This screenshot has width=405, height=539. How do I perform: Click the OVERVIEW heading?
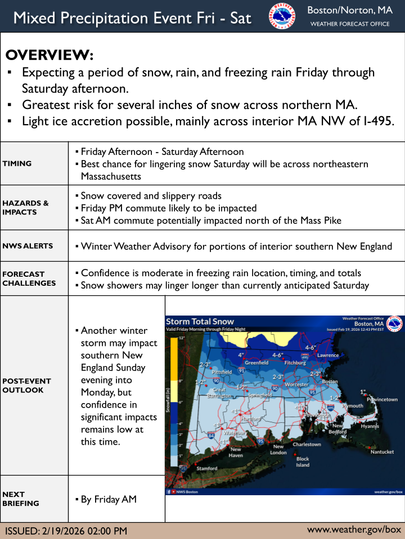pyautogui.click(x=49, y=56)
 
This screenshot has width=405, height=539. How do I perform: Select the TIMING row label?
pyautogui.click(x=17, y=163)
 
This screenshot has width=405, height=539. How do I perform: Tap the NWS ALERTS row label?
pyautogui.click(x=28, y=246)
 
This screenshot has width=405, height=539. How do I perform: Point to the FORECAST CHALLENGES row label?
pyautogui.click(x=29, y=278)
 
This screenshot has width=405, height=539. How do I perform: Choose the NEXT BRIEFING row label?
pyautogui.click(x=21, y=499)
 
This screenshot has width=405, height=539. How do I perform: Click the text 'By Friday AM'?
pyautogui.click(x=109, y=499)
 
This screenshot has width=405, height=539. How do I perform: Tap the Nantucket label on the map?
pyautogui.click(x=382, y=452)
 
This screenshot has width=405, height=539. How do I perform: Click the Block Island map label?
pyautogui.click(x=303, y=462)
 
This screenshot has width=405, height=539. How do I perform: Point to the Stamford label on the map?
pyautogui.click(x=207, y=468)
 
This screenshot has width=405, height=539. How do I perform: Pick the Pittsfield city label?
pyautogui.click(x=222, y=372)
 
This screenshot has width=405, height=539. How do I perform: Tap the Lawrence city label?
pyautogui.click(x=328, y=355)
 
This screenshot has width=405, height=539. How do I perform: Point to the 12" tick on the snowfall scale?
pyautogui.click(x=182, y=339)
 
